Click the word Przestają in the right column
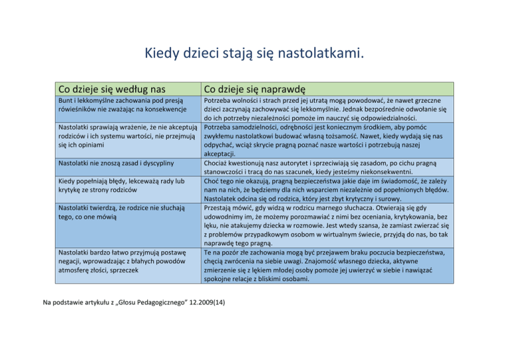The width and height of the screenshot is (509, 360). coord(222,207)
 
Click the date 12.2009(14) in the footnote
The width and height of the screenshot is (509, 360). coord(203,303)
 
